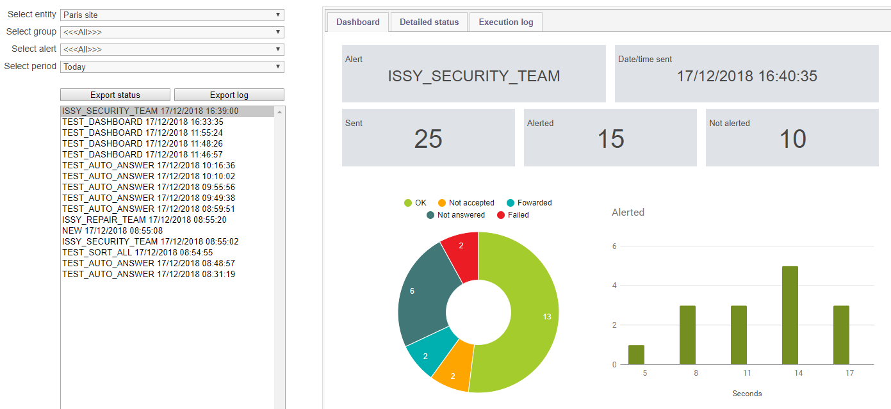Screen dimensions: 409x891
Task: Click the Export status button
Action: tap(115, 95)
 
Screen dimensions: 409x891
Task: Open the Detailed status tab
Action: tap(429, 22)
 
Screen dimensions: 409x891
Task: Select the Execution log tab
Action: tap(506, 22)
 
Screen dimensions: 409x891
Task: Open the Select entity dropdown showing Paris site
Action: tap(172, 15)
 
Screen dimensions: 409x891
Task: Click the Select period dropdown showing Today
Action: tap(172, 67)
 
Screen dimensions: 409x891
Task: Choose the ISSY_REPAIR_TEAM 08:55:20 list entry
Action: tap(144, 220)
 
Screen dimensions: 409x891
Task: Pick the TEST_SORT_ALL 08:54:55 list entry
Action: tap(138, 252)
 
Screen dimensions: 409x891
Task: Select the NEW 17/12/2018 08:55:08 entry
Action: tap(112, 230)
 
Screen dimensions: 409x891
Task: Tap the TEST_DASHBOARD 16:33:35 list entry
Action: tap(143, 122)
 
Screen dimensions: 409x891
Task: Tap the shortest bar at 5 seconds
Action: tap(636, 355)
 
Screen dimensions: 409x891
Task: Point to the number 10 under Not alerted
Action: tap(792, 139)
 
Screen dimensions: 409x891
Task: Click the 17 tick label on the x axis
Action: tap(849, 373)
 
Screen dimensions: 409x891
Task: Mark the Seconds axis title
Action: tap(747, 394)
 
